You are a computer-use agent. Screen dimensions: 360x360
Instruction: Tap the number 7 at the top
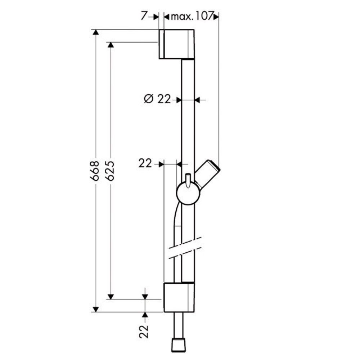(144, 17)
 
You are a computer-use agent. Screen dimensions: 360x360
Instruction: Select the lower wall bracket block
(179, 297)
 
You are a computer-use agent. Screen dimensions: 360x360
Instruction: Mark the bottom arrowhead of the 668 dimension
(95, 309)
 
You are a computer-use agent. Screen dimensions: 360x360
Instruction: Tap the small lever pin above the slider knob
(188, 180)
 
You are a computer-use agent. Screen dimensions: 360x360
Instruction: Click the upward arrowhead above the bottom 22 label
(145, 315)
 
